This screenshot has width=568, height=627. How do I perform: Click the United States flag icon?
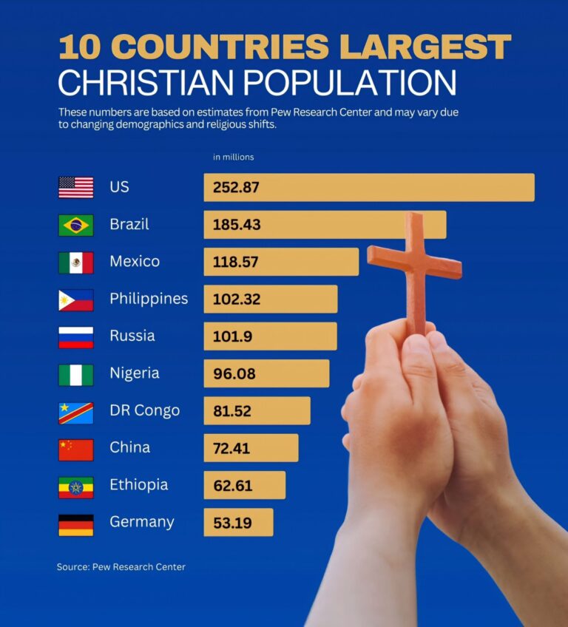click(75, 187)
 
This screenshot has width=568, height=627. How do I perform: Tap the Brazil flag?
click(75, 225)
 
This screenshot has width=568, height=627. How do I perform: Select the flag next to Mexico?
click(75, 262)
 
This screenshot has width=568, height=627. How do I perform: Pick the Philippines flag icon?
click(75, 299)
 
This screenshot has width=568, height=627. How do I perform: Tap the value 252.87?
click(236, 187)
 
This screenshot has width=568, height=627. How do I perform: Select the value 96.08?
click(234, 374)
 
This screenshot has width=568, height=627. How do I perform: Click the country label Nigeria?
click(134, 373)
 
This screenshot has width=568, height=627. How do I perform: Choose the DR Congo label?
click(144, 410)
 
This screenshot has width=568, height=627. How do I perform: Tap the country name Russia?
click(132, 336)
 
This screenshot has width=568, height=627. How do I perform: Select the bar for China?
click(251, 448)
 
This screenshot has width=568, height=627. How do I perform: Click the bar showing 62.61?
click(244, 486)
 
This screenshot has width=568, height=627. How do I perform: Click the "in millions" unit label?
click(233, 157)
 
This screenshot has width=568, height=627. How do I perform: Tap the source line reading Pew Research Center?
click(121, 567)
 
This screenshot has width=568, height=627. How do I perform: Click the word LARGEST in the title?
click(425, 47)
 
